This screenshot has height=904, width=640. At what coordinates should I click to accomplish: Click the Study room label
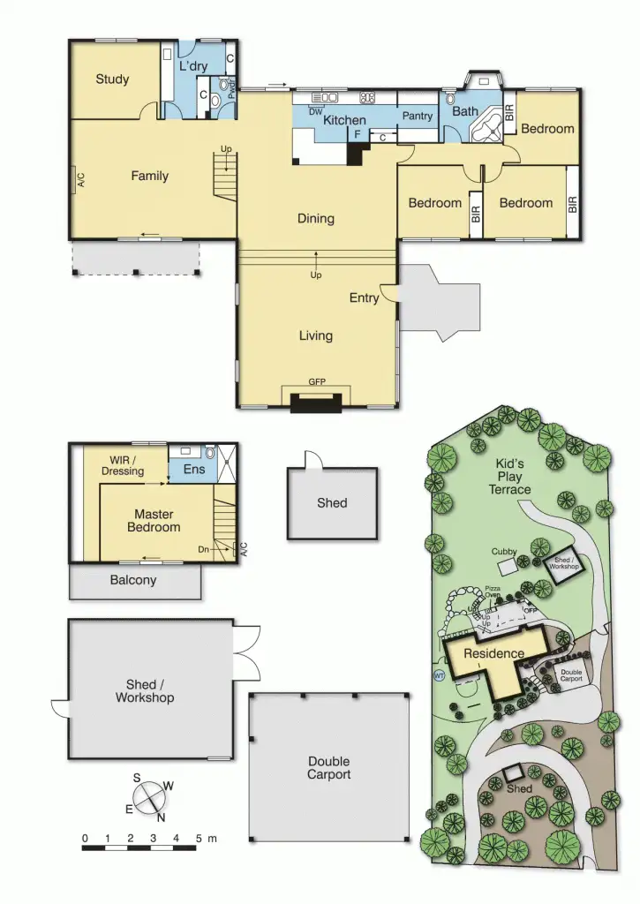tap(112, 79)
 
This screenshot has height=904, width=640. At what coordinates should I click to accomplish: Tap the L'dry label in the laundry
tap(193, 66)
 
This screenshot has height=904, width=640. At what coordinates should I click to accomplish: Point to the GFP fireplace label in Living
tap(316, 382)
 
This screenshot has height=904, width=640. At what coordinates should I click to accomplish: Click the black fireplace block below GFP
tap(316, 403)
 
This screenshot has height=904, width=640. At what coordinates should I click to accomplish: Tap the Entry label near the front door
tap(364, 298)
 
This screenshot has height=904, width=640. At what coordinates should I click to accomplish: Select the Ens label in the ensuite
tap(194, 470)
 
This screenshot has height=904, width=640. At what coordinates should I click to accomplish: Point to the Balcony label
tap(133, 581)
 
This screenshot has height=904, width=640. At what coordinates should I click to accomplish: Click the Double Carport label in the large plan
tap(328, 768)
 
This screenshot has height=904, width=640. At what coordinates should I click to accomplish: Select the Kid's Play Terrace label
tap(509, 477)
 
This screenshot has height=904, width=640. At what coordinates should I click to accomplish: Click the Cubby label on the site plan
tap(505, 552)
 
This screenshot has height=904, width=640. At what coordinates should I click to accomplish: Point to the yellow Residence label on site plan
tap(494, 654)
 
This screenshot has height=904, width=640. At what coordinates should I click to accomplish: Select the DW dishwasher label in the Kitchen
tap(315, 112)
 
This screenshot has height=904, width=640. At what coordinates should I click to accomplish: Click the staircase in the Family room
tap(226, 174)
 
